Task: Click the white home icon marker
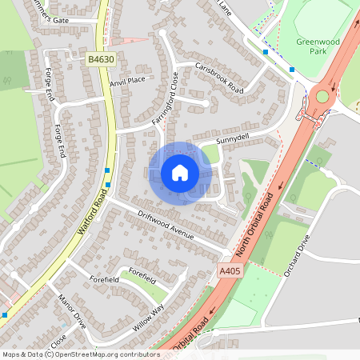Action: (180, 173)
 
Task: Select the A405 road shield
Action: (230, 272)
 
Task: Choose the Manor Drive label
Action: (71, 311)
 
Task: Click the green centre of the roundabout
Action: (322, 97)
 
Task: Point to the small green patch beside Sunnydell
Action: (210, 154)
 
